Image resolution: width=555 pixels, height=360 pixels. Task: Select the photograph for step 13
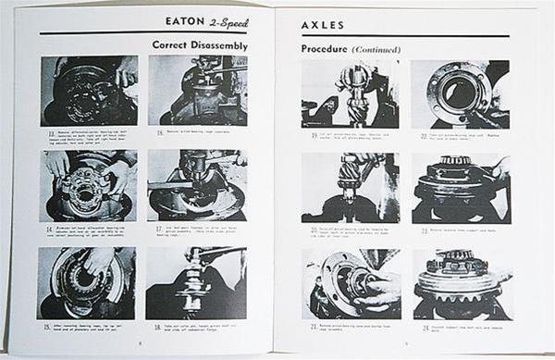tap(89, 91)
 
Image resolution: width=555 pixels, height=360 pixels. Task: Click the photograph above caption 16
tap(197, 90)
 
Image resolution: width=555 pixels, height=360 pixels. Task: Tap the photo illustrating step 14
tap(89, 185)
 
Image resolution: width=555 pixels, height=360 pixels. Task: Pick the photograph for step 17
tap(196, 185)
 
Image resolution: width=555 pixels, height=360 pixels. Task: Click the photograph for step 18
tap(195, 282)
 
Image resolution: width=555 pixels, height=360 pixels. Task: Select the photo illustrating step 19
tap(350, 93)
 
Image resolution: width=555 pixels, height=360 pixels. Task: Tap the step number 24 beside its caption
tap(417, 327)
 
